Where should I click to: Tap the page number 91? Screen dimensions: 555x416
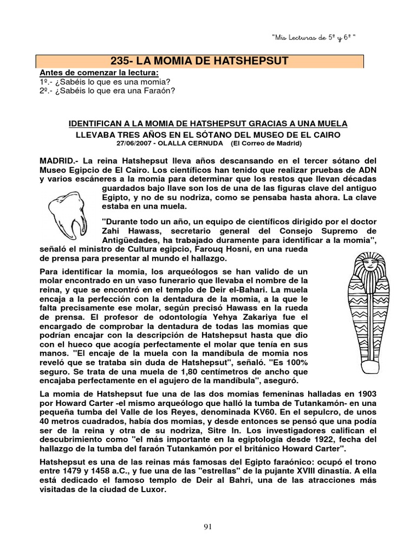(207, 526)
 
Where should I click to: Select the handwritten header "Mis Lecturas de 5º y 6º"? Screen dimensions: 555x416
(316, 36)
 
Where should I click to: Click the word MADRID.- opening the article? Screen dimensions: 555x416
(58, 162)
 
